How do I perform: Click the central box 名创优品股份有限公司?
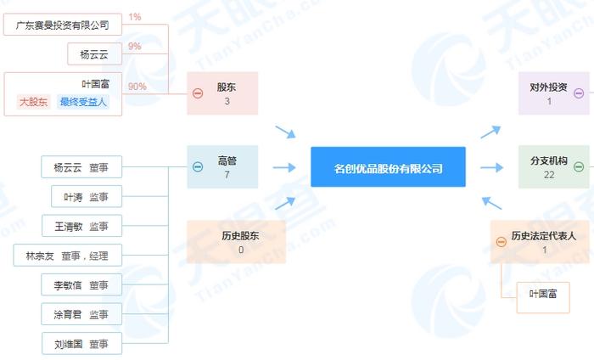tap(388, 166)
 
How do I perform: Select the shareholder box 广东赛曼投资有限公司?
tap(63, 25)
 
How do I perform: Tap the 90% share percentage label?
tap(137, 87)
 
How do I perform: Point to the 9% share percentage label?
tap(134, 46)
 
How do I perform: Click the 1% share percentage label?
tap(134, 17)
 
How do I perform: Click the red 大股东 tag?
tap(33, 102)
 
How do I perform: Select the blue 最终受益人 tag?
tap(83, 102)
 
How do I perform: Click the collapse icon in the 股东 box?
tap(198, 93)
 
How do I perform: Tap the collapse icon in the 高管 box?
tap(198, 166)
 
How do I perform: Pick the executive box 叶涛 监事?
tap(87, 196)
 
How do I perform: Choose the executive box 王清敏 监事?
tap(81, 226)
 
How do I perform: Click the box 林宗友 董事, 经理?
tap(67, 255)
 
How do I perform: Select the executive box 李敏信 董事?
tap(81, 284)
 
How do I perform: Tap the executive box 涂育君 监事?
tap(81, 314)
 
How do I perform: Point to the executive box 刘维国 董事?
tap(81, 343)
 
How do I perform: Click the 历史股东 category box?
tap(236, 242)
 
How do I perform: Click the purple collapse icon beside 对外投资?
tap(579, 93)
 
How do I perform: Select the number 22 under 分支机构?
tap(549, 175)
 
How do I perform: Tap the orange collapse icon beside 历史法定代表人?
tap(502, 242)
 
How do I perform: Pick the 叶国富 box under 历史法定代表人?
tap(543, 297)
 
